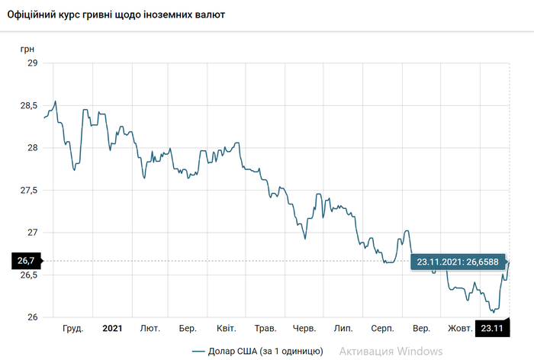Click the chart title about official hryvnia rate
116,14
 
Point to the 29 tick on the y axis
32,63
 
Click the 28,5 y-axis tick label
28,106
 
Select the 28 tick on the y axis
32,148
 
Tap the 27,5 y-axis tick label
28,190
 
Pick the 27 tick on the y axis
32,233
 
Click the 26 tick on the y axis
32,317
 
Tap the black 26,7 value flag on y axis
27,262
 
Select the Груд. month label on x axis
72,329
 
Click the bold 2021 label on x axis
112,329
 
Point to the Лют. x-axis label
150,329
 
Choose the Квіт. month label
227,329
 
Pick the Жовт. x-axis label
459,329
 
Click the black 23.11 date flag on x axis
491,329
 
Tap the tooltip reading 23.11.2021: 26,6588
458,262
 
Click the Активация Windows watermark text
391,351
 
